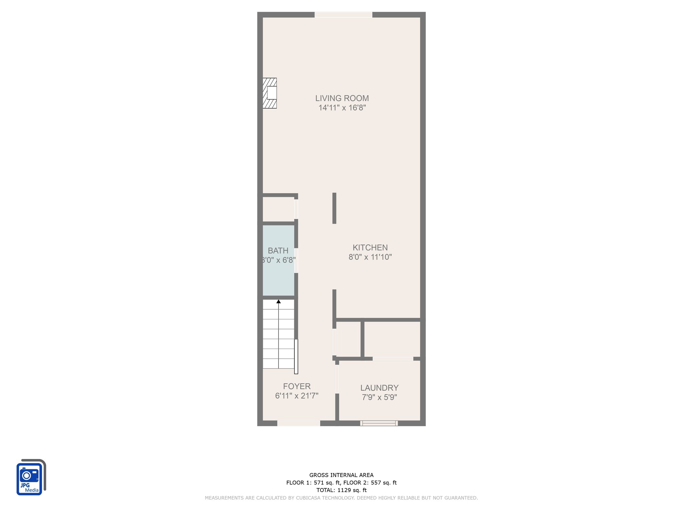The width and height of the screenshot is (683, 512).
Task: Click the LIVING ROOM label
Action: coord(342,98)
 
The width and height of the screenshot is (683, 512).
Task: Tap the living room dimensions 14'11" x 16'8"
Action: coord(342,108)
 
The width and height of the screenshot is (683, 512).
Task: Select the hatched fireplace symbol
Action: coord(270,93)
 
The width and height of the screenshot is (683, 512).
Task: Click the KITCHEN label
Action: coord(370,248)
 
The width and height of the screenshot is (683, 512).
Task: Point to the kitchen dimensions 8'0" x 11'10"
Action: coord(370,257)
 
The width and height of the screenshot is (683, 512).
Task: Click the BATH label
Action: coord(278,251)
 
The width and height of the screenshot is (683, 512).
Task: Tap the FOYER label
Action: coord(297,386)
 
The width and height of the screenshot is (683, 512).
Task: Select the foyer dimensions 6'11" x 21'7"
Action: coord(297,396)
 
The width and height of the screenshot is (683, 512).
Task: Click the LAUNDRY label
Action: coord(380,388)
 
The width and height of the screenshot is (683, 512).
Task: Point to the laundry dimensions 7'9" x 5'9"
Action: coord(380,397)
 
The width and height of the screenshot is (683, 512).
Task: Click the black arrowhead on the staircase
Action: coord(278,302)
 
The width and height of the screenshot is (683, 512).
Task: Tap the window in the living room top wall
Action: coord(344,15)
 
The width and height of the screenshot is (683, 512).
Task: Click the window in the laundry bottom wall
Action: coord(379,423)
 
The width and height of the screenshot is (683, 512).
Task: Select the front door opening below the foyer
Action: coord(299,423)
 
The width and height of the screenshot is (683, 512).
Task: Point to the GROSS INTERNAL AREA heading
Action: coord(341,475)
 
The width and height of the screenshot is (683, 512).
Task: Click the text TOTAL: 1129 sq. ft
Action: coord(341,490)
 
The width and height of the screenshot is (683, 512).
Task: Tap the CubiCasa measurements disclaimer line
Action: coord(341,498)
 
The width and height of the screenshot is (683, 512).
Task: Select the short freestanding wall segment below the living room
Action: coord(334,208)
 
